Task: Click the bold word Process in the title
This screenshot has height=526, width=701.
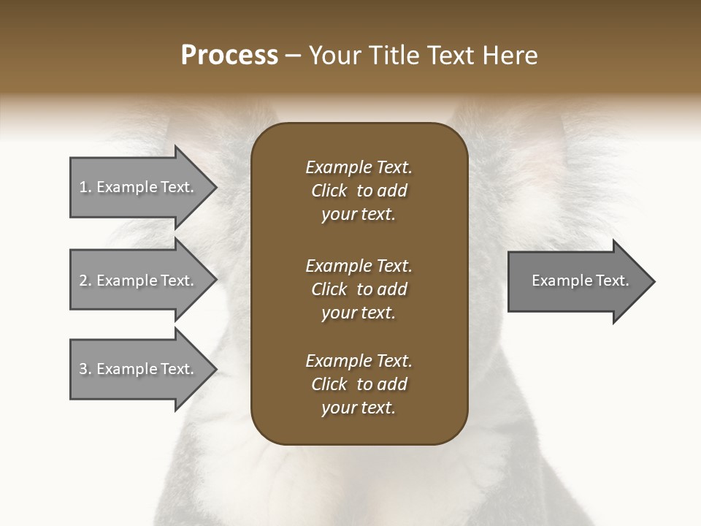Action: coord(229,56)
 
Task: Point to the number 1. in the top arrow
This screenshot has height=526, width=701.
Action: coord(85,187)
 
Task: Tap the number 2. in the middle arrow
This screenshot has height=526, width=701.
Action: coord(85,281)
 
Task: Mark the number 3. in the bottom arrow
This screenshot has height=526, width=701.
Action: coord(85,369)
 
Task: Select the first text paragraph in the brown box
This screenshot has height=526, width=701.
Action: coord(359,191)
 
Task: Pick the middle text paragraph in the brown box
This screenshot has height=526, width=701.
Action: coord(359,289)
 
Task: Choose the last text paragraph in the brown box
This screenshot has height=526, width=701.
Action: coord(359,384)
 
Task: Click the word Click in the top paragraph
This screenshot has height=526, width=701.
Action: coord(329,191)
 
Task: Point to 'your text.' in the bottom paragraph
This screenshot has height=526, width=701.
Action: coord(359,408)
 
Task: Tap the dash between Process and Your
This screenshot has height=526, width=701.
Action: coord(294,56)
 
